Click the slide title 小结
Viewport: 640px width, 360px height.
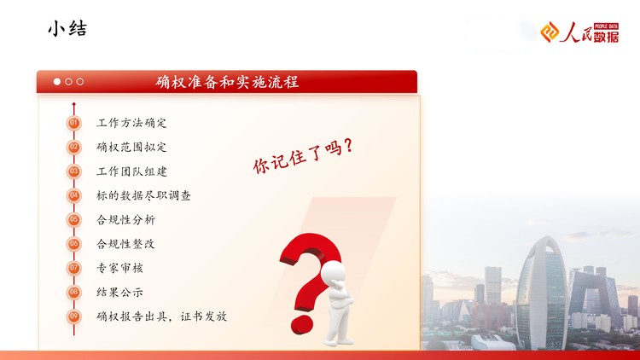tap(67, 29)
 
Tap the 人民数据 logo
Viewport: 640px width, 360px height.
tap(579, 32)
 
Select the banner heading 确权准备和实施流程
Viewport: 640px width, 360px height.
tap(227, 82)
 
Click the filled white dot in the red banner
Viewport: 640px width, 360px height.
tap(57, 82)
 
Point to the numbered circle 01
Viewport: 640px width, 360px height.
tap(74, 123)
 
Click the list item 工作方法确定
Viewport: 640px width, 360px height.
tap(131, 123)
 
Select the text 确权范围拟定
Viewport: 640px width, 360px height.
tap(131, 147)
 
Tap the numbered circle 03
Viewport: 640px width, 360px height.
tap(74, 171)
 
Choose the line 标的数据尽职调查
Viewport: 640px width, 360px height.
tap(143, 195)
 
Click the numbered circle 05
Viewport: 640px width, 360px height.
tap(74, 219)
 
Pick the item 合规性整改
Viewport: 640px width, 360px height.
tap(125, 244)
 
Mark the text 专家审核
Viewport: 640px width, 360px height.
tap(119, 268)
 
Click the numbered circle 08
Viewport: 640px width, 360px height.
tap(74, 293)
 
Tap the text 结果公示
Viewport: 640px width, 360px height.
tap(119, 293)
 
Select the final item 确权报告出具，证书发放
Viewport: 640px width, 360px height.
tap(161, 316)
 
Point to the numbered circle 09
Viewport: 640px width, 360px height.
tap(74, 316)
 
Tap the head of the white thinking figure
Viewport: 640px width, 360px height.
tap(333, 272)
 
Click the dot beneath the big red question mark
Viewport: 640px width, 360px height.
tap(302, 324)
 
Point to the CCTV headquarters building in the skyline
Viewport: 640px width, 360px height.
tap(595, 293)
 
